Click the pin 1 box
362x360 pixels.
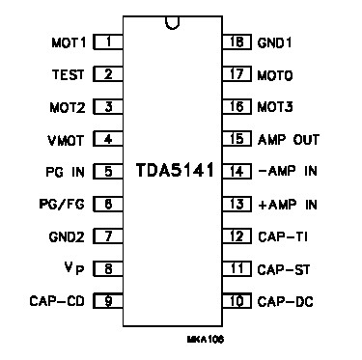(108, 42)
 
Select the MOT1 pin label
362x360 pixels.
(68, 42)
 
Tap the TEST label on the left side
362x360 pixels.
(68, 74)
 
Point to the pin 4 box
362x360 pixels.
(108, 139)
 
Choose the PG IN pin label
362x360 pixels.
(67, 172)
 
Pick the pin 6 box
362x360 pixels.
(108, 204)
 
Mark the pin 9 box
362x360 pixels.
(108, 301)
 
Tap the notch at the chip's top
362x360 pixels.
(172, 21)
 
